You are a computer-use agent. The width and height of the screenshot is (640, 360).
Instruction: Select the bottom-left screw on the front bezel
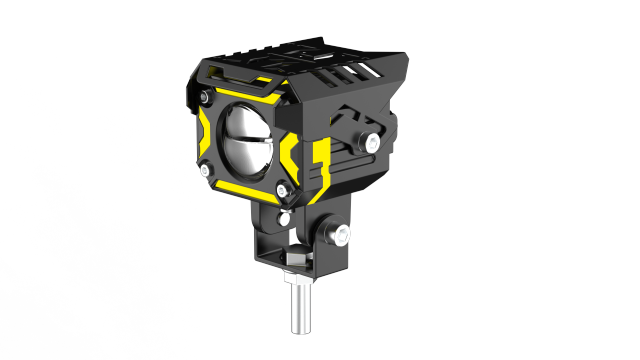(205, 171)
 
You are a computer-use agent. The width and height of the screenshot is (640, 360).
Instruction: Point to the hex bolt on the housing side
(373, 141)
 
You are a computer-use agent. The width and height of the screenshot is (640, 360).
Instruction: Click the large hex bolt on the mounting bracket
(342, 235)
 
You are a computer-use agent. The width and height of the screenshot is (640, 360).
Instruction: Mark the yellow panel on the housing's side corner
(319, 165)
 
